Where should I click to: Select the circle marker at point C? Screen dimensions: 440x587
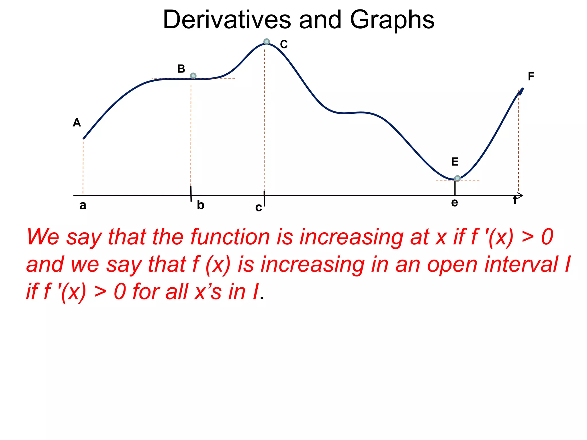[267, 42]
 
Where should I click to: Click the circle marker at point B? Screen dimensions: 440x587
[193, 76]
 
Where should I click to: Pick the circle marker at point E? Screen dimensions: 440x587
[457, 178]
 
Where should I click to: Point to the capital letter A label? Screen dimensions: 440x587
[77, 123]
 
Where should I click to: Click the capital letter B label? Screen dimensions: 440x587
[181, 69]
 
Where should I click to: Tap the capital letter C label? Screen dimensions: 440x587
[284, 44]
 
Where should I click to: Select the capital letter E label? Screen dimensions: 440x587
[455, 162]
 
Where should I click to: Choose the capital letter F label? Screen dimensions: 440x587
[531, 76]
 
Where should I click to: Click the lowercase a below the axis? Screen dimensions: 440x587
[83, 205]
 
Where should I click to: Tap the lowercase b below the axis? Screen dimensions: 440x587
[200, 205]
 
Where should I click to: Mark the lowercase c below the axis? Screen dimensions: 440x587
[259, 207]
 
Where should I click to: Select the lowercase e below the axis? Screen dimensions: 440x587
[455, 203]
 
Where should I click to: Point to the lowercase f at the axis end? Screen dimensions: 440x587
[515, 200]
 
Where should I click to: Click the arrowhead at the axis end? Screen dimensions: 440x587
[521, 195]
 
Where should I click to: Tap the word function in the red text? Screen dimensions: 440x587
[230, 237]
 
